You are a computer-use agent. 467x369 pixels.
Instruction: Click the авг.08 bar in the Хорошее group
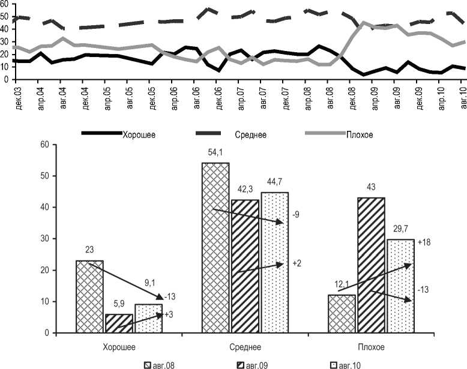89,296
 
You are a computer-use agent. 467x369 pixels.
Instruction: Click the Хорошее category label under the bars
119,347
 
